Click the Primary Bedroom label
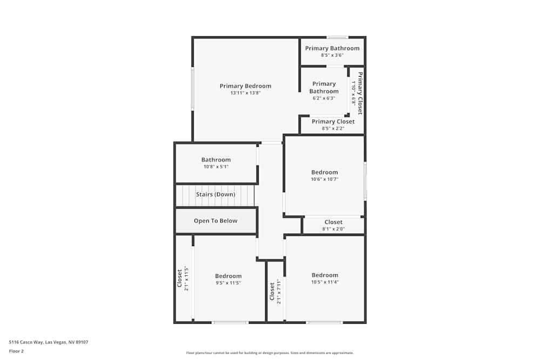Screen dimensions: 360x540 pyautogui.click(x=245, y=86)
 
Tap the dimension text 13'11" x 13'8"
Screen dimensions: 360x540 pyautogui.click(x=245, y=93)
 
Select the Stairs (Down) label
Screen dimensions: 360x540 pyautogui.click(x=215, y=194)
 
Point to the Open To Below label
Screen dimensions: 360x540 pyautogui.click(x=215, y=221)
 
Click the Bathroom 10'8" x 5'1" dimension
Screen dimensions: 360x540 pyautogui.click(x=216, y=167)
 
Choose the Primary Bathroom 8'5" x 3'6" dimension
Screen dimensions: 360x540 pyautogui.click(x=332, y=55)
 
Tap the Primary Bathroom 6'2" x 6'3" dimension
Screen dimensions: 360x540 pyautogui.click(x=324, y=98)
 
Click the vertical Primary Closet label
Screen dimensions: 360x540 pyautogui.click(x=360, y=93)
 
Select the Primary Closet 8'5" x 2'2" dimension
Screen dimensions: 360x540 pyautogui.click(x=333, y=128)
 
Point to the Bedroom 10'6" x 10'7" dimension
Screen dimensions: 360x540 pyautogui.click(x=325, y=179)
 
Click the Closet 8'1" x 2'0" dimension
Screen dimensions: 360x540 pyautogui.click(x=333, y=229)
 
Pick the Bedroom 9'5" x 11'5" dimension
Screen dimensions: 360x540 pyautogui.click(x=228, y=282)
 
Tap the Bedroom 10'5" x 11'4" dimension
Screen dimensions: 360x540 pyautogui.click(x=325, y=282)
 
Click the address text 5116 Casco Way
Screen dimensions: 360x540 pyautogui.click(x=49, y=342)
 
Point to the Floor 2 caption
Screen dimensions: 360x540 pyautogui.click(x=16, y=351)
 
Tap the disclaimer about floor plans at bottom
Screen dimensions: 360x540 pyautogui.click(x=270, y=353)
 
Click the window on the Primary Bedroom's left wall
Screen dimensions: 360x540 pyautogui.click(x=193, y=90)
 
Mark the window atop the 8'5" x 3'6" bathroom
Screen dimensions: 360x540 pyautogui.click(x=337, y=37)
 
